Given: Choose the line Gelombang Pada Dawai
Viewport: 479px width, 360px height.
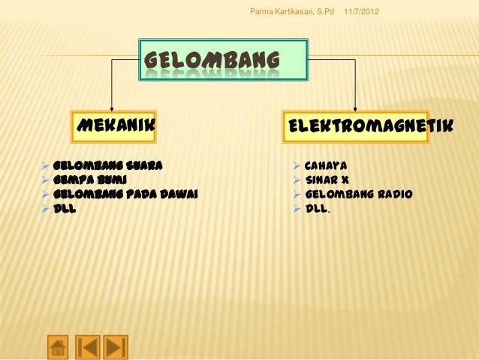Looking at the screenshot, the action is pos(125,194).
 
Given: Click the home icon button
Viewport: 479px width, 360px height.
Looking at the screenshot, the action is pos(58,346).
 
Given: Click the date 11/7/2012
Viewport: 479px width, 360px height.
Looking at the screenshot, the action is pos(362,13).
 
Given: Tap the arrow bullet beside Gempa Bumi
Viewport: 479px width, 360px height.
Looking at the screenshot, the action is pos(46,180).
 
